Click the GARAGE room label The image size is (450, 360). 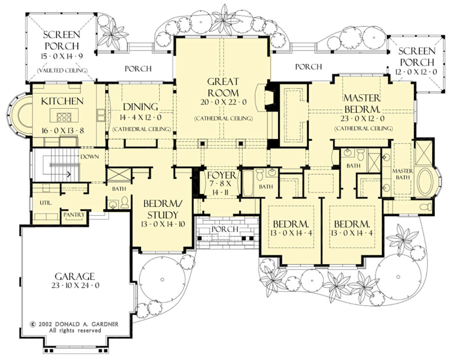pyautogui.click(x=75, y=276)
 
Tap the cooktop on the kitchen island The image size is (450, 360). pyautogui.click(x=64, y=117)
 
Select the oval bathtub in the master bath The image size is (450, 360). pyautogui.click(x=425, y=181)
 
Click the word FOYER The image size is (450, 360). pyautogui.click(x=222, y=175)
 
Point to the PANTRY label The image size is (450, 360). pyautogui.click(x=74, y=215)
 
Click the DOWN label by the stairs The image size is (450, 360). pyautogui.click(x=90, y=157)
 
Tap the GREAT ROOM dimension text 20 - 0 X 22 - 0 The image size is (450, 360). pyautogui.click(x=223, y=102)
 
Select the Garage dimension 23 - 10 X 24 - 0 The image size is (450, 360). pyautogui.click(x=75, y=286)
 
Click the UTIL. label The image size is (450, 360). pyautogui.click(x=46, y=203)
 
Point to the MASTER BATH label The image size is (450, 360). pyautogui.click(x=402, y=174)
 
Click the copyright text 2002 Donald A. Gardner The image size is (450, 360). pyautogui.click(x=75, y=324)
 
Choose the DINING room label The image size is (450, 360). pyautogui.click(x=141, y=107)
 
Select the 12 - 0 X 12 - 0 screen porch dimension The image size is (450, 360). pyautogui.click(x=416, y=72)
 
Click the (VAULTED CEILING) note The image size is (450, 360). pyautogui.click(x=62, y=71)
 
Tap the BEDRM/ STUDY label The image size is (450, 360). pyautogui.click(x=163, y=209)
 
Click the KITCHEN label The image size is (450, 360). pyautogui.click(x=62, y=101)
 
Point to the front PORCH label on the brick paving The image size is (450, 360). pyautogui.click(x=225, y=229)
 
